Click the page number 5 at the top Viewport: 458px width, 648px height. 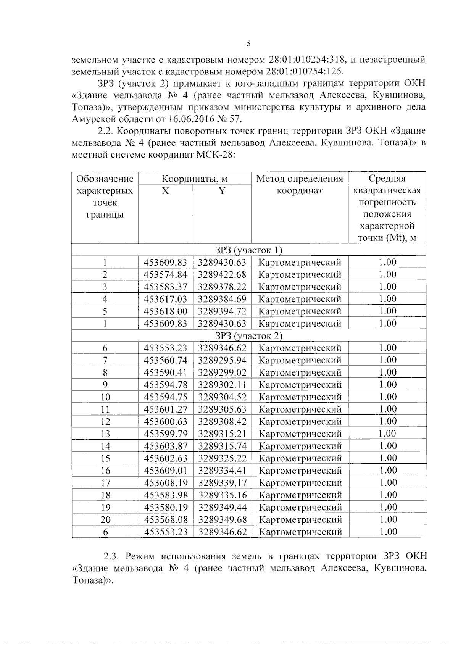coord(248,44)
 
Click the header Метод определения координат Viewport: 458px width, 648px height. coord(300,184)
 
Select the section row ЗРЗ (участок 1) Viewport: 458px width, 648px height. coord(248,250)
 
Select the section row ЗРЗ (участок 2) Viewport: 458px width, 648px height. coord(248,336)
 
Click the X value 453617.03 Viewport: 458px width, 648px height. coord(165,299)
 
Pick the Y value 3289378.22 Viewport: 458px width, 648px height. coord(222,287)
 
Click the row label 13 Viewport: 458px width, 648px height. coord(105,434)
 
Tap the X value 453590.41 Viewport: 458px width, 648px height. coord(165,372)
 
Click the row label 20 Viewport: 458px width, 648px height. coord(105,520)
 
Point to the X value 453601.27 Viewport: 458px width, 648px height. coord(165,409)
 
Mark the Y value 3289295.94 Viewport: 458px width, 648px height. coord(222,360)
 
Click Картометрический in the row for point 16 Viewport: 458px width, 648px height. coord(300,471)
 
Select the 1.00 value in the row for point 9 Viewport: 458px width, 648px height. coord(387,384)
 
